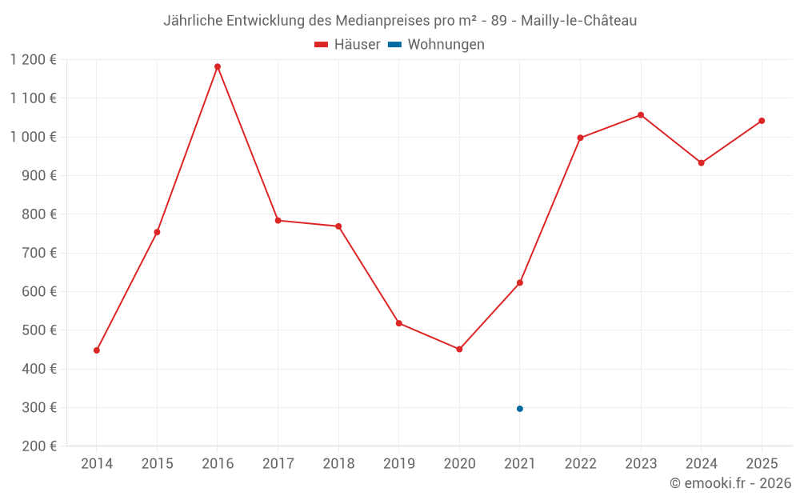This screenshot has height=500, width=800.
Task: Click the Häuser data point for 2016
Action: click(x=218, y=67)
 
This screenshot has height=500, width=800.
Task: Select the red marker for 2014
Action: click(x=97, y=350)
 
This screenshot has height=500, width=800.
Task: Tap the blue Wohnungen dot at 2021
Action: click(x=520, y=409)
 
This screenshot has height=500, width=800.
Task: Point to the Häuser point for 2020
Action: click(x=459, y=350)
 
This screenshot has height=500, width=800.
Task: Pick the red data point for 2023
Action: click(x=641, y=115)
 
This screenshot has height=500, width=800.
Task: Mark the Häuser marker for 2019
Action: click(x=399, y=323)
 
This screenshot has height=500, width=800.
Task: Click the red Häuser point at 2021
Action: click(x=520, y=282)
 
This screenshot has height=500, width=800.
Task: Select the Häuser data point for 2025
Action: click(x=762, y=121)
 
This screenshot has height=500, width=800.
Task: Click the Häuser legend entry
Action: click(x=347, y=45)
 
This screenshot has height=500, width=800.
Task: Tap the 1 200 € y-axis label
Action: click(x=34, y=60)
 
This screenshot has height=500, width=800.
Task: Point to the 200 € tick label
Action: click(x=40, y=446)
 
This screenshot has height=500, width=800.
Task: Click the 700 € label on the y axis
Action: click(x=40, y=253)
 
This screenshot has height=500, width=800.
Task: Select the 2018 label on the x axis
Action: click(x=338, y=464)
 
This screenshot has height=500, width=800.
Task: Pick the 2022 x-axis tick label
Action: click(x=580, y=464)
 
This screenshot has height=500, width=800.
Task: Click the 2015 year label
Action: click(x=157, y=464)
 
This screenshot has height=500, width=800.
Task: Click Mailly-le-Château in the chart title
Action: click(x=579, y=21)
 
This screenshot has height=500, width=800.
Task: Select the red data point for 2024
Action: click(x=702, y=163)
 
